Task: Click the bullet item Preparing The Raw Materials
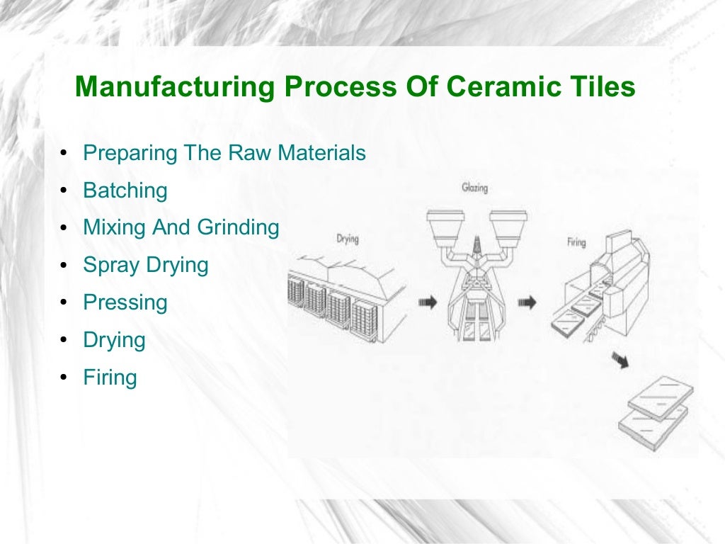[x=224, y=153]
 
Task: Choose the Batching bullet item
[x=125, y=191]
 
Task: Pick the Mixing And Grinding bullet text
[x=181, y=227]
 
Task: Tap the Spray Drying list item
[x=146, y=266]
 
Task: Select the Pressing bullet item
[x=125, y=303]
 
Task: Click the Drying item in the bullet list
[x=114, y=340]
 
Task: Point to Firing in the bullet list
[x=110, y=378]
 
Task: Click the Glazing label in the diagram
[x=474, y=188]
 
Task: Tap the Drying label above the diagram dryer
[x=347, y=239]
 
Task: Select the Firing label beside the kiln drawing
[x=576, y=242]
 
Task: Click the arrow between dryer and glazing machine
[x=428, y=302]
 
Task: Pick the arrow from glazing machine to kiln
[x=527, y=302]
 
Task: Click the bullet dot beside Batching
[x=64, y=191]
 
